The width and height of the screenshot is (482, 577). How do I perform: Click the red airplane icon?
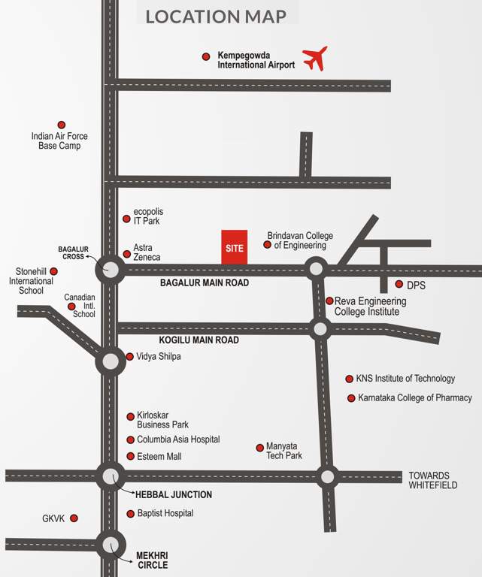315,58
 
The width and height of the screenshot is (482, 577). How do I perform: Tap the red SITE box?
235,247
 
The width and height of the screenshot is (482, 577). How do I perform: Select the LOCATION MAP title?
216,16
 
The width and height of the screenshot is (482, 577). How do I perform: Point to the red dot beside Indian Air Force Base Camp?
62,125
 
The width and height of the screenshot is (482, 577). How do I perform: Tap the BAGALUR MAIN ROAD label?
205,283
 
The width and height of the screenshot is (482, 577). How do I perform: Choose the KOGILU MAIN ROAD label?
199,340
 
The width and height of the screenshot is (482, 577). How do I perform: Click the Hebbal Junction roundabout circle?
111,476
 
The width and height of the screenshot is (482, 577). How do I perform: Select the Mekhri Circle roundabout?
111,544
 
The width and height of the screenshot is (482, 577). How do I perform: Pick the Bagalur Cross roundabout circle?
111,269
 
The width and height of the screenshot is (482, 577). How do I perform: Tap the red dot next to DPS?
399,285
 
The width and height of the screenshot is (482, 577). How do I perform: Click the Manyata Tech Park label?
283,451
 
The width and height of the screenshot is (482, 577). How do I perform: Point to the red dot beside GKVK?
74,518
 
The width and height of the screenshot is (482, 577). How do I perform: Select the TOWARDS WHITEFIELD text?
429,480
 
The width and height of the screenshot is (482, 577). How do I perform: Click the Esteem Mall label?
159,456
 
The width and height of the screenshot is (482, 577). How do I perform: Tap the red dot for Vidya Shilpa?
129,357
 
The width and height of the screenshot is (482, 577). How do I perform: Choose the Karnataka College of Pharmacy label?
414,397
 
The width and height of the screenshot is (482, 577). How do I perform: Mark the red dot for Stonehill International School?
53,271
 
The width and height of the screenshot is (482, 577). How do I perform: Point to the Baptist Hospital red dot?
131,514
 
